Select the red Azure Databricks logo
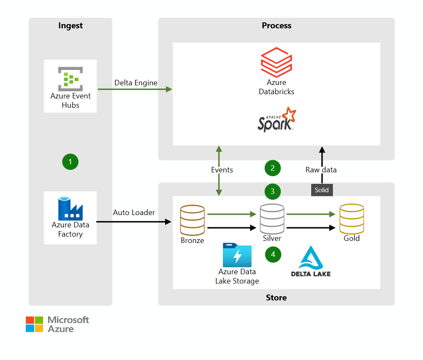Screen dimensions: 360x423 (x=276, y=62)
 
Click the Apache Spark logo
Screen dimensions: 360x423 (x=277, y=120)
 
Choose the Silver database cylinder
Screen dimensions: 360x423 (x=272, y=219)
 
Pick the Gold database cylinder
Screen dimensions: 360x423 (x=352, y=218)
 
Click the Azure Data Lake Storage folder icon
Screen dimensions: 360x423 (x=237, y=255)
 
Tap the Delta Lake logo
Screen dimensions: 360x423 (x=311, y=262)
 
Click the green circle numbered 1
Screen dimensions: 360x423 (x=70, y=161)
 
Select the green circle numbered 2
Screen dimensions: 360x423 (x=273, y=168)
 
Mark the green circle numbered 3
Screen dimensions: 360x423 (x=273, y=191)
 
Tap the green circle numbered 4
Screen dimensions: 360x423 (x=273, y=254)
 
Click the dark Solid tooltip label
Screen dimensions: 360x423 (x=321, y=190)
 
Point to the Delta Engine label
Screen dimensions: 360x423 (x=136, y=83)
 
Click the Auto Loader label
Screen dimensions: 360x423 (x=134, y=212)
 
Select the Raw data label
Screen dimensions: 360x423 (x=321, y=170)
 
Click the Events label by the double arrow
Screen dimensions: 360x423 (x=222, y=170)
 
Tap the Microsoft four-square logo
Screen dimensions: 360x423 (x=34, y=324)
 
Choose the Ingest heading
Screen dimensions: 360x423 (x=70, y=26)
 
